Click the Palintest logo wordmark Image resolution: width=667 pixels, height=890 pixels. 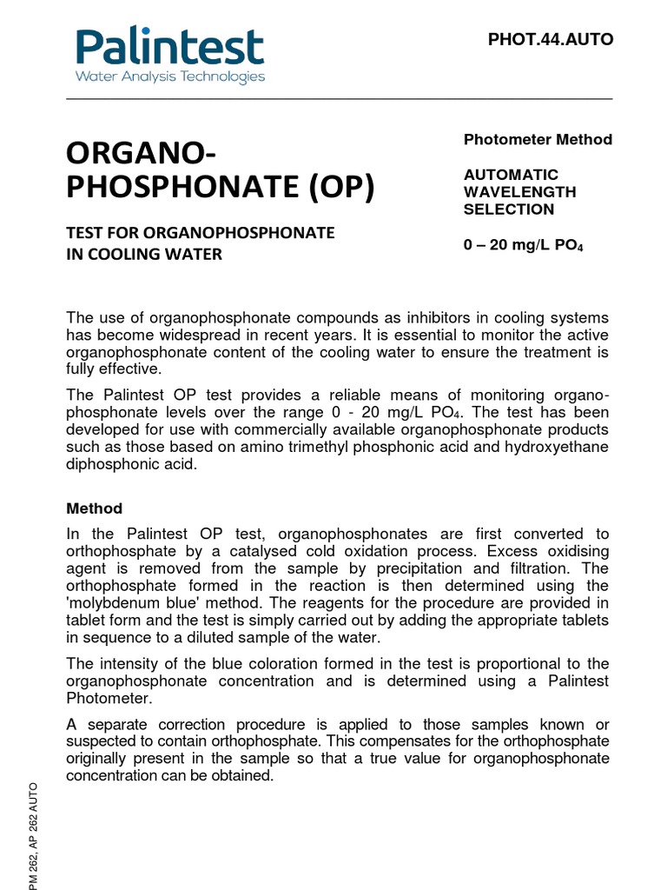169,47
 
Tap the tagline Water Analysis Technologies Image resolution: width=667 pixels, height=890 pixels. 170,77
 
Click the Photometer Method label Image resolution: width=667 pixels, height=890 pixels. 538,140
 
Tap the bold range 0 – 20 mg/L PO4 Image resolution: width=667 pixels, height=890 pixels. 523,246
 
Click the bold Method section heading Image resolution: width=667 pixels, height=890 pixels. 95,508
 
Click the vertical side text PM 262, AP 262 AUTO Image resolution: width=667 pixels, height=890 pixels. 34,834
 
